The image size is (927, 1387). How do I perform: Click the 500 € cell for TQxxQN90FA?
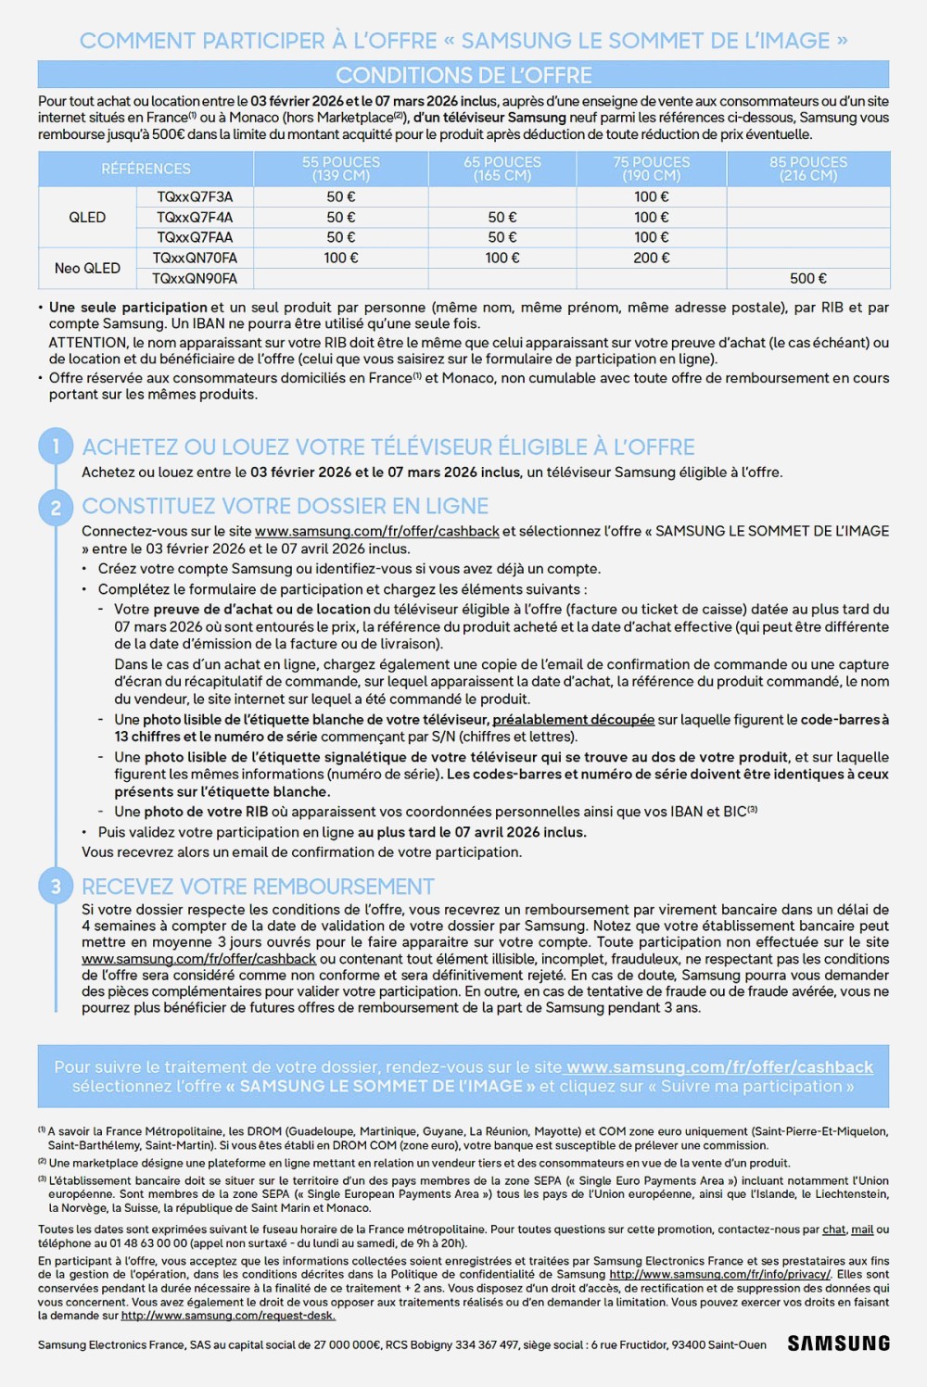tap(808, 279)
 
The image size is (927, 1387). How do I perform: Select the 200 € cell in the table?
tap(652, 258)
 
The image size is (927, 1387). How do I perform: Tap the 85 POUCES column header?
tap(808, 169)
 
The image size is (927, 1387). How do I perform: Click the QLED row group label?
tap(87, 218)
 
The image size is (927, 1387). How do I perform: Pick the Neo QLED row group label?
tap(87, 269)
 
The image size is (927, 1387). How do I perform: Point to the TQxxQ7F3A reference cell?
tap(195, 197)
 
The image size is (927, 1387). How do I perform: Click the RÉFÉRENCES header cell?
tap(146, 169)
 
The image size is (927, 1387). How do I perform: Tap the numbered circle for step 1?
tap(56, 448)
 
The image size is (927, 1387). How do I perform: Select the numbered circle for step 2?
tap(56, 507)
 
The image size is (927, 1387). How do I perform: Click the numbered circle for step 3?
tap(56, 887)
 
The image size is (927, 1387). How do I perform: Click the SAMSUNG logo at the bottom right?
tap(838, 1343)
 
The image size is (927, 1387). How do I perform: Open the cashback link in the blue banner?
tap(719, 1067)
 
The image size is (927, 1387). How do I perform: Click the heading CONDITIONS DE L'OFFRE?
tap(463, 75)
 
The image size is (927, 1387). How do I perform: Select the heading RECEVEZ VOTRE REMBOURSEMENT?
tap(258, 887)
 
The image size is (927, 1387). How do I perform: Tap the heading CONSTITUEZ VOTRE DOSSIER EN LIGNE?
tap(285, 507)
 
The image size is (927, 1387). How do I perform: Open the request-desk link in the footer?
tap(228, 1316)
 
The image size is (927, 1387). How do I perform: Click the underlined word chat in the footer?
tap(834, 1229)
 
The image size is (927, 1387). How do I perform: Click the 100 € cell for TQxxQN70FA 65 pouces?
tap(502, 258)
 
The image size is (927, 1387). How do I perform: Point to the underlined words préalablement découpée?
tap(573, 720)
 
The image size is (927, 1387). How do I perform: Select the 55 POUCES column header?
tap(341, 169)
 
